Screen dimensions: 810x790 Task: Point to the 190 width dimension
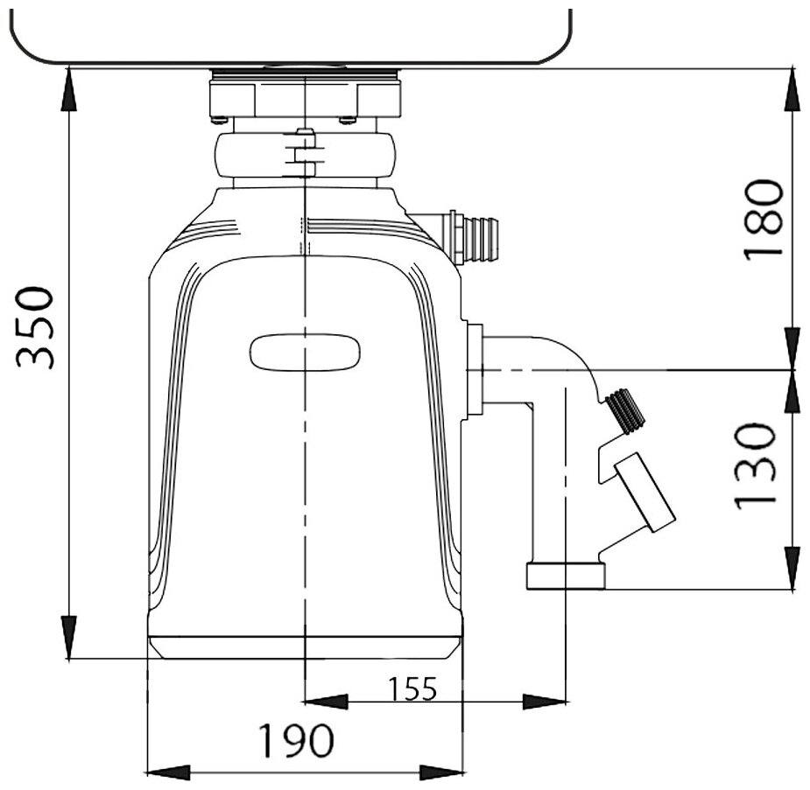(x=295, y=742)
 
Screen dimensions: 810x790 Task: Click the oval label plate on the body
(x=306, y=352)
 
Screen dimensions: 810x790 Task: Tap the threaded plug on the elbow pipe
(x=623, y=409)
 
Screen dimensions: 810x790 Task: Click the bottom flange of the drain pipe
(x=566, y=575)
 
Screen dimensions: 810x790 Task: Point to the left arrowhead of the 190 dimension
(x=166, y=771)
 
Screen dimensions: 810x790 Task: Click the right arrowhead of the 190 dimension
(x=442, y=771)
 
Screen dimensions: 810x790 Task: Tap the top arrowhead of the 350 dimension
(x=67, y=88)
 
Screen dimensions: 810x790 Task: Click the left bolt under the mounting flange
(x=219, y=119)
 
